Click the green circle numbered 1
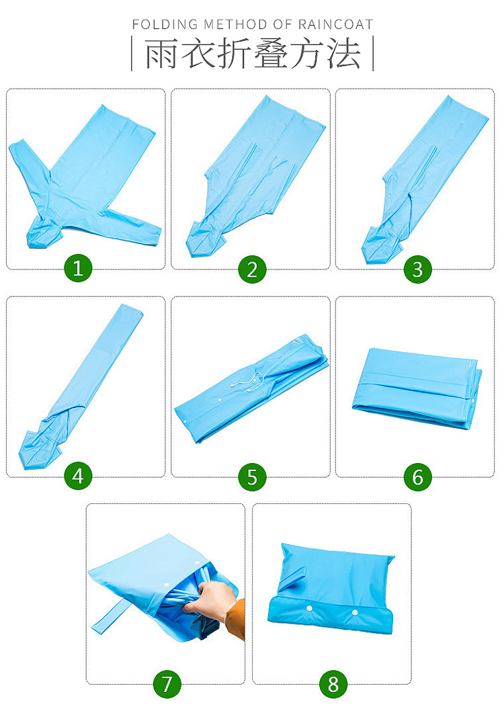pyautogui.click(x=78, y=268)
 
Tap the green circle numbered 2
pyautogui.click(x=252, y=269)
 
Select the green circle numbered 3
pyautogui.click(x=418, y=269)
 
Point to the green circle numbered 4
pyautogui.click(x=78, y=476)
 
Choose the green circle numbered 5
pyautogui.click(x=252, y=477)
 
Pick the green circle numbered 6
pyautogui.click(x=418, y=477)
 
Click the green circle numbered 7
pyautogui.click(x=167, y=683)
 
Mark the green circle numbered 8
pyautogui.click(x=333, y=683)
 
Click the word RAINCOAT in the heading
pyautogui.click(x=336, y=24)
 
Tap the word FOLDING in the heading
pyautogui.click(x=165, y=24)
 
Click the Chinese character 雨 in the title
pyautogui.click(x=161, y=54)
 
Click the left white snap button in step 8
pyautogui.click(x=309, y=609)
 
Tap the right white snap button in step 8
pyautogui.click(x=354, y=612)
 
